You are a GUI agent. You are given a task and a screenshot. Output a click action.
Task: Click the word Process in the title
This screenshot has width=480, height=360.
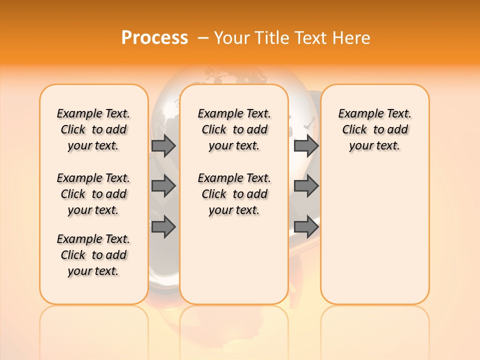pyautogui.click(x=154, y=38)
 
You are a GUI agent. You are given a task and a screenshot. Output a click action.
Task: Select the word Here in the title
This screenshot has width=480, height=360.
pyautogui.click(x=352, y=38)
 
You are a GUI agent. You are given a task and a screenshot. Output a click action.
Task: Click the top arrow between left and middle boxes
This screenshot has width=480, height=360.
pyautogui.click(x=163, y=145)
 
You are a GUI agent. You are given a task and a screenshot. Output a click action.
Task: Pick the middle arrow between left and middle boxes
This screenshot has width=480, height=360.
pyautogui.click(x=163, y=186)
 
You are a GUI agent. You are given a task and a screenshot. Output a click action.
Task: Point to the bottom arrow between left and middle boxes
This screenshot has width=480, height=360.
pyautogui.click(x=163, y=227)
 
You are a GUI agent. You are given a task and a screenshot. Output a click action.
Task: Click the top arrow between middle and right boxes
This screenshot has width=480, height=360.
pyautogui.click(x=306, y=145)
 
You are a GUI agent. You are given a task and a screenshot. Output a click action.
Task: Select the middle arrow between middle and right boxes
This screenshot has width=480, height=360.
pyautogui.click(x=306, y=186)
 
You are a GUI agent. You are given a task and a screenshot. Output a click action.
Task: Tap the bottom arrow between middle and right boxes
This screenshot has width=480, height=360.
pyautogui.click(x=306, y=227)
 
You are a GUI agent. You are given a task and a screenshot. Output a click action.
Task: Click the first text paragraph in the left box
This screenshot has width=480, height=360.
pyautogui.click(x=93, y=129)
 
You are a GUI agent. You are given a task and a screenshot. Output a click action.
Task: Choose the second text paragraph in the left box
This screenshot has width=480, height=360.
pyautogui.click(x=93, y=194)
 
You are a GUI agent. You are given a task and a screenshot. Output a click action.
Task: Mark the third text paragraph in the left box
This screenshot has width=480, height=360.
pyautogui.click(x=93, y=255)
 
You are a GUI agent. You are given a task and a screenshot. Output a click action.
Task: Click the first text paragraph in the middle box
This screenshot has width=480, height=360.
pyautogui.click(x=234, y=129)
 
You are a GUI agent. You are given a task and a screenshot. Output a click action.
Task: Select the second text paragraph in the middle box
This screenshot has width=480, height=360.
pyautogui.click(x=234, y=194)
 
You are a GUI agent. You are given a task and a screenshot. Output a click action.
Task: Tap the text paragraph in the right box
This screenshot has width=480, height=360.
pyautogui.click(x=375, y=129)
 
